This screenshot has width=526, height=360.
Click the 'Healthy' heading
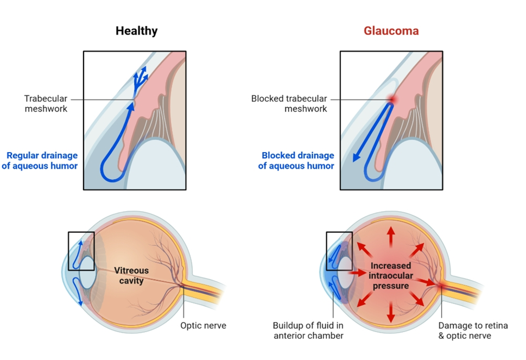[x=136, y=31]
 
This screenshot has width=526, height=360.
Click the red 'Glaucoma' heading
[x=391, y=31]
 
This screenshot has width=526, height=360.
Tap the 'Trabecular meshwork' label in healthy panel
[x=46, y=104]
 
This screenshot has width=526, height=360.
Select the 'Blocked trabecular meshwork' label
[x=289, y=104]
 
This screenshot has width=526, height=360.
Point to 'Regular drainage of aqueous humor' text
[x=40, y=161]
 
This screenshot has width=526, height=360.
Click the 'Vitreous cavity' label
[x=131, y=275]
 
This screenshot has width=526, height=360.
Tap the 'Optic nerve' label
[x=203, y=326]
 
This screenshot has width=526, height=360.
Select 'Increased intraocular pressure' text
[x=390, y=275]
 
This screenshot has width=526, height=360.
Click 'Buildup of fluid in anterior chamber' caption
[x=308, y=331]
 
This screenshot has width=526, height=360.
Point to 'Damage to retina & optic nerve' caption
[x=473, y=331]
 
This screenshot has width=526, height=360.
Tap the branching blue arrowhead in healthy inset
[x=140, y=76]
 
